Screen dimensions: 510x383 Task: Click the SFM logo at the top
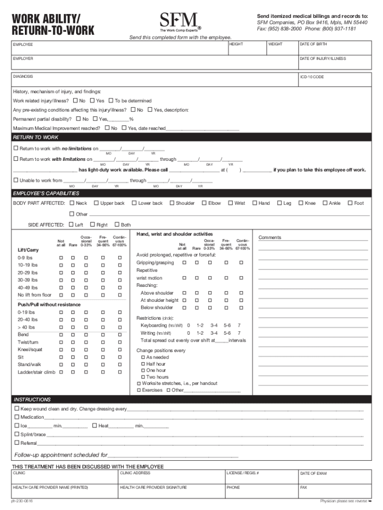[x=179, y=21]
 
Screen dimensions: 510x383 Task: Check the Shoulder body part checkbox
[x=172, y=203]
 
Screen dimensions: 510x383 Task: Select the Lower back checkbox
[x=134, y=203]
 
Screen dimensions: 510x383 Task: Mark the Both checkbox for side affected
[x=117, y=225]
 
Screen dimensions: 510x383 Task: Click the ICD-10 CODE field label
[x=311, y=77]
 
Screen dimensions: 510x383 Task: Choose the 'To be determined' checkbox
[x=111, y=101]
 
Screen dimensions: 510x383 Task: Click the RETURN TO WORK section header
[x=36, y=137]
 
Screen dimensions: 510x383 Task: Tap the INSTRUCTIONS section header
[x=32, y=399]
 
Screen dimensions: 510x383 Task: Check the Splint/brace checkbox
[x=16, y=434]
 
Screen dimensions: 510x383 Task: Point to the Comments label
[x=270, y=238]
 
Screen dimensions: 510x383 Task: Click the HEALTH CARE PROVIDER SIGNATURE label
[x=153, y=488]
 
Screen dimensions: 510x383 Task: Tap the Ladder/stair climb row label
[x=36, y=372]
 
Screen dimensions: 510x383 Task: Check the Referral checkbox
[x=16, y=443]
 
